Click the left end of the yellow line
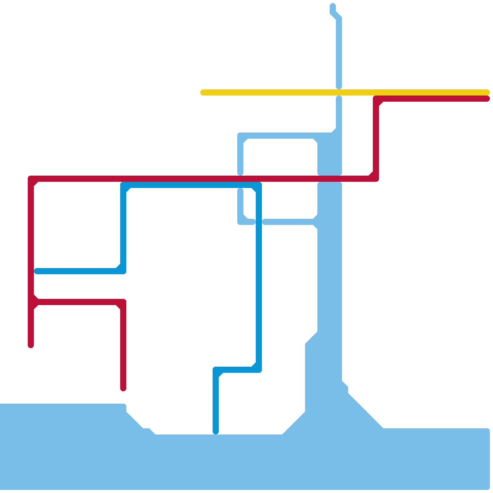click(203, 92)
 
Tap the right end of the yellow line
click(487, 92)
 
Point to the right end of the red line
click(487, 99)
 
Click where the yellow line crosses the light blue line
click(339, 92)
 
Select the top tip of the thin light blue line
click(333, 6)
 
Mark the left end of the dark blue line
click(37, 271)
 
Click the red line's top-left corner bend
click(31, 179)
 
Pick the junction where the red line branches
click(31, 302)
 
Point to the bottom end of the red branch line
click(123, 389)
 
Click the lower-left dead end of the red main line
click(31, 346)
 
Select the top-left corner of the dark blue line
click(123, 185)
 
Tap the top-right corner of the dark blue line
click(259, 185)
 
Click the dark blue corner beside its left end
click(123, 271)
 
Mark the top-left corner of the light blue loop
click(240, 136)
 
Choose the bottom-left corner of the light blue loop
click(240, 222)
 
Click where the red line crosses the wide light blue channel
click(330, 179)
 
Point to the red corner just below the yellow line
click(376, 99)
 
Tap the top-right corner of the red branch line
click(123, 302)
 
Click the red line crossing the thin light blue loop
click(240, 179)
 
